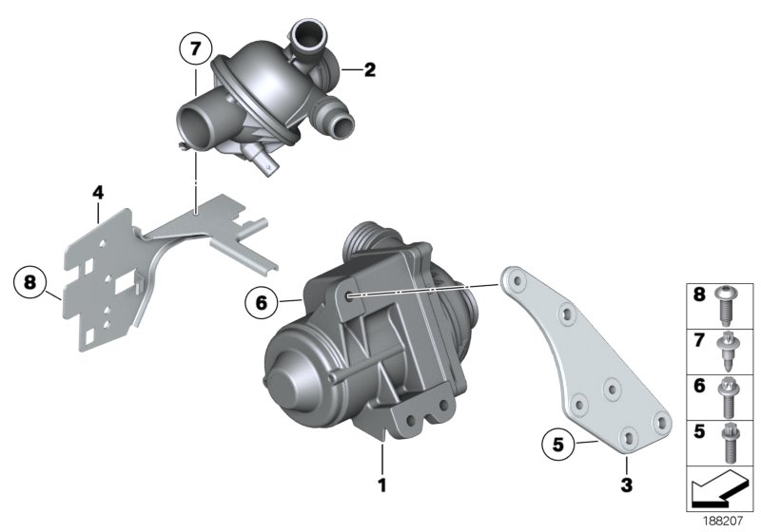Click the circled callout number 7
[x=196, y=48]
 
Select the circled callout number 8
[x=30, y=282]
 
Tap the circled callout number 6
[x=260, y=303]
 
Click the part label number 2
[x=370, y=70]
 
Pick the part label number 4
[x=97, y=193]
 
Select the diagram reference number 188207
[x=726, y=522]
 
